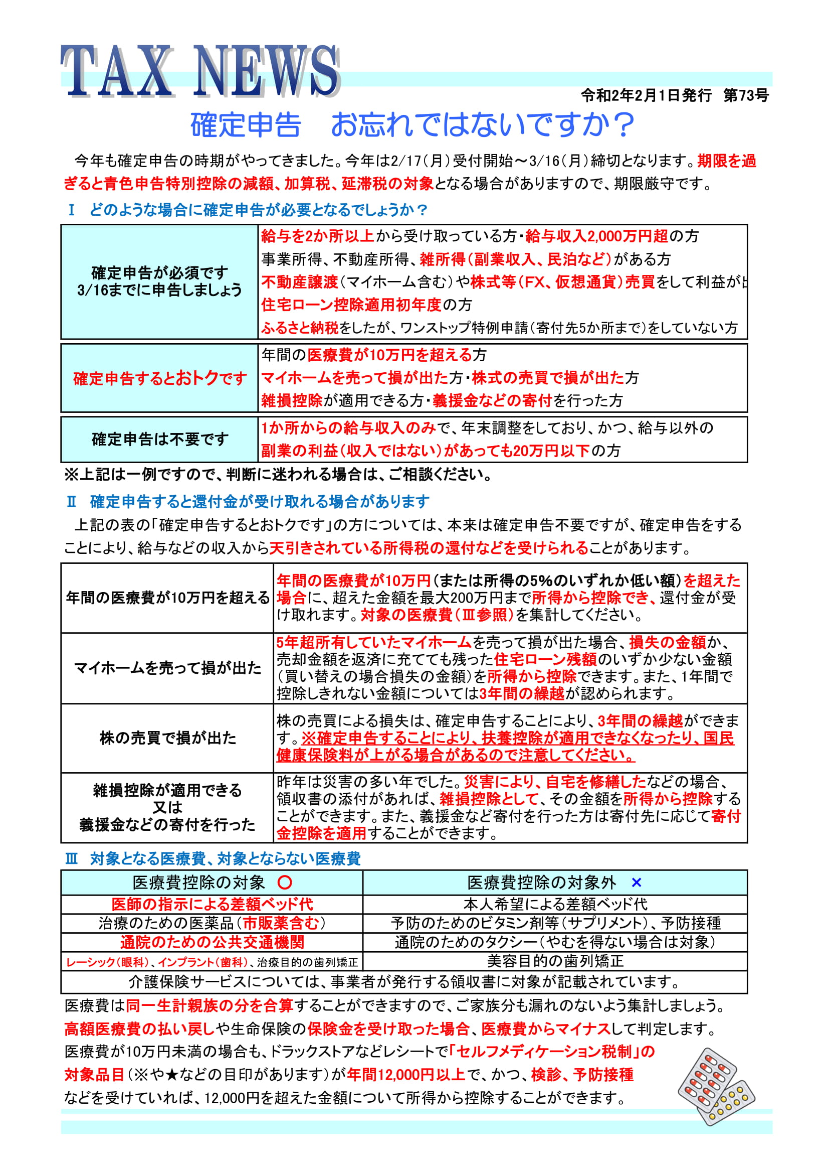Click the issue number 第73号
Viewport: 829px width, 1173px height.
(746, 95)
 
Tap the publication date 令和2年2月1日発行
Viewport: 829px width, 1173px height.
(646, 95)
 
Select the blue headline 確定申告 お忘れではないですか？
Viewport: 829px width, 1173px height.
(412, 125)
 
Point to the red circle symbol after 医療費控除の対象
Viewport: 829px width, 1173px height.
(285, 883)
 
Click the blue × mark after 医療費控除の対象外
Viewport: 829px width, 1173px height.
(636, 883)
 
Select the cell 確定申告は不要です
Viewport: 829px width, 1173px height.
(160, 439)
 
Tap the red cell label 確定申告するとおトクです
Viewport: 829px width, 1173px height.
(160, 378)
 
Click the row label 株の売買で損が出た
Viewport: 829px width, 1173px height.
(167, 738)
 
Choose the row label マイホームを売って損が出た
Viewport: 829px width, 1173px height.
(167, 668)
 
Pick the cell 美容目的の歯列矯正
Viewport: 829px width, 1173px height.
(555, 961)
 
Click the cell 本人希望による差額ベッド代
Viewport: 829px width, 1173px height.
(555, 904)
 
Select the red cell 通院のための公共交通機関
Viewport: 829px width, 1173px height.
(212, 942)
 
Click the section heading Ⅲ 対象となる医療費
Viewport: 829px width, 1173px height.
(214, 859)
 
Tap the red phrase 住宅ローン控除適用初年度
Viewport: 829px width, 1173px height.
(351, 305)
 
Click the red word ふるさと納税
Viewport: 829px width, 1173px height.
(300, 328)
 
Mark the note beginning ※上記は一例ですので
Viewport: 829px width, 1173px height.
(278, 475)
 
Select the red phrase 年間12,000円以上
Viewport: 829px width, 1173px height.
(406, 1075)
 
